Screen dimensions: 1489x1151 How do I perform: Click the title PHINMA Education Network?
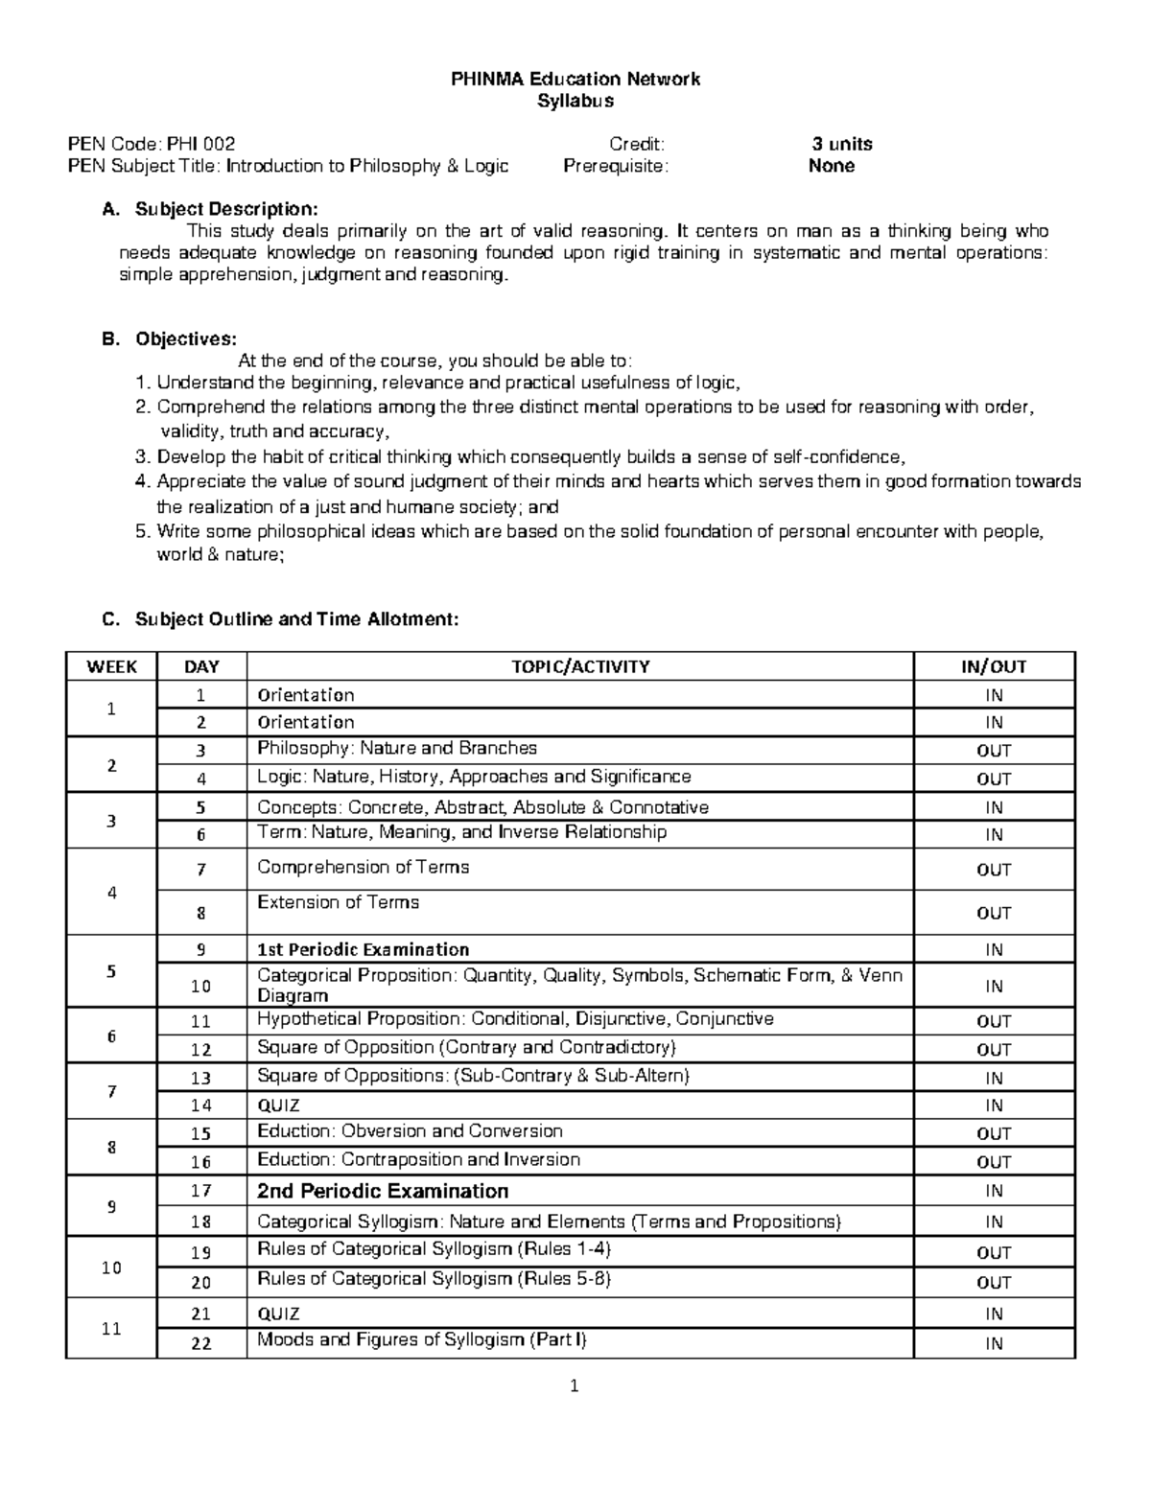point(575,79)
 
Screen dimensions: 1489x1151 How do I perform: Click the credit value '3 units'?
point(841,144)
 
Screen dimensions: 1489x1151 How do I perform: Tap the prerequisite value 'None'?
point(831,166)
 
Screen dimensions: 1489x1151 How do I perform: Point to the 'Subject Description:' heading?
point(224,209)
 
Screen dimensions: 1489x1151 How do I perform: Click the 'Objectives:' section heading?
point(185,338)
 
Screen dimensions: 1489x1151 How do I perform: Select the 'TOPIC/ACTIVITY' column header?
point(580,666)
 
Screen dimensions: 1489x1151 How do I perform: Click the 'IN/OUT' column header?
point(994,666)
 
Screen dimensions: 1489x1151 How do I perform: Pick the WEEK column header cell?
point(111,666)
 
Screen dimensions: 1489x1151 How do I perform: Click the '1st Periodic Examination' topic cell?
point(363,949)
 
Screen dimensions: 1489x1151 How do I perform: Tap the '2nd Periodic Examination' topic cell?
point(383,1191)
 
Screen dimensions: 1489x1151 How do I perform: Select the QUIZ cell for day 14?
point(278,1105)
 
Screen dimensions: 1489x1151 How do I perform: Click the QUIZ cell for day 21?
point(278,1314)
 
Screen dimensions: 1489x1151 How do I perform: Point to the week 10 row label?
point(111,1267)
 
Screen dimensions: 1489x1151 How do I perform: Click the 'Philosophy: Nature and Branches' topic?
point(397,748)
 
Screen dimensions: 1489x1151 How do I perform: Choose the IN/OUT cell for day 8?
point(994,913)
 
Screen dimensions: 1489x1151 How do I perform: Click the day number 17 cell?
point(200,1191)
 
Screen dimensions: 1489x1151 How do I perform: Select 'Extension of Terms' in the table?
point(338,902)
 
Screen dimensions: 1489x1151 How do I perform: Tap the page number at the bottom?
point(574,1385)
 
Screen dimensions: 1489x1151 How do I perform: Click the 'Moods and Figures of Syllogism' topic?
point(421,1339)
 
